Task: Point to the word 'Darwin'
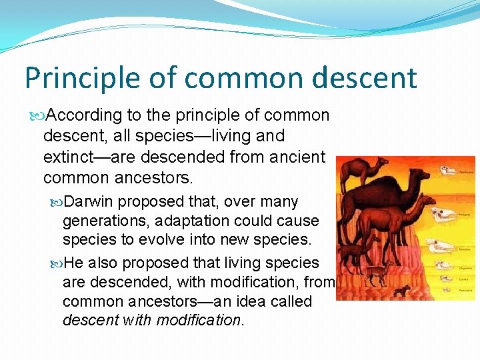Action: pos(94,201)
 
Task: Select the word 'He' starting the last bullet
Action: pos(73,263)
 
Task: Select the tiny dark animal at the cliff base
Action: pos(402,290)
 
